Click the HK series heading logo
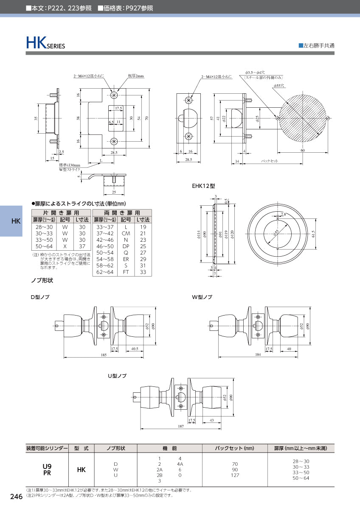pos(45,43)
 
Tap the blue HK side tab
pos(16,221)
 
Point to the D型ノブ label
pos(40,297)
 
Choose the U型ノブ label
pos(117,376)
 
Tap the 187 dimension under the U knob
pos(181,425)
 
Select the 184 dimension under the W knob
pos(258,355)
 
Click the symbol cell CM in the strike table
pos(126,233)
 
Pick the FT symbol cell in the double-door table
pos(126,272)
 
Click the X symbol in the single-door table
pos(65,246)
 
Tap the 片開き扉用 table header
pos(61,213)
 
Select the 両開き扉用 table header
pos(122,213)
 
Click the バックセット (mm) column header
pos(234,448)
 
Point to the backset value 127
pos(234,475)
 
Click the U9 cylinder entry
pos(47,466)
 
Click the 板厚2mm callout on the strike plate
pos(136,76)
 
